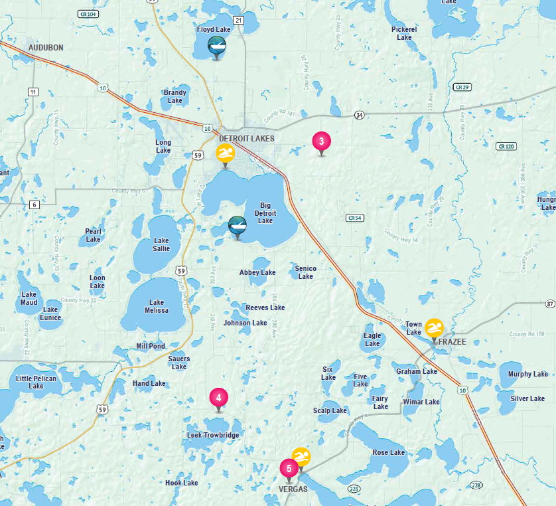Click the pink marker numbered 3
321,141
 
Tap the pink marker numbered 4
218,397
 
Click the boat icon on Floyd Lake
217,45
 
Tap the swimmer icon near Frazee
434,327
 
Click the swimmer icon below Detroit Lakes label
226,153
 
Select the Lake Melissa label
157,306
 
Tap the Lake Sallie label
161,244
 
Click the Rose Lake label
389,452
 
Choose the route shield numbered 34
358,115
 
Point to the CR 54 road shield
356,217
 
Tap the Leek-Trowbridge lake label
212,435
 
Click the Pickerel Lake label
404,33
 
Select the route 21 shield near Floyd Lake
238,21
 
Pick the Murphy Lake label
528,374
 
